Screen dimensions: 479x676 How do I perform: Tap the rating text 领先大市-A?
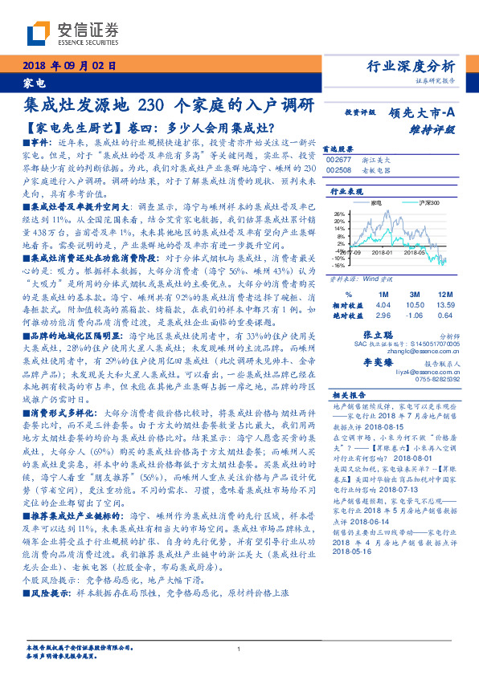coord(425,113)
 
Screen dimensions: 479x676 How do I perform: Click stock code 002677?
coord(339,161)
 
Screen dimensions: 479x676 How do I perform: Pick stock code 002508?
coord(339,170)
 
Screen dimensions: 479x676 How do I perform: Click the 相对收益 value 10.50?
coord(414,306)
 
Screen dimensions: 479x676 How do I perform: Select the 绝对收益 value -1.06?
coord(414,316)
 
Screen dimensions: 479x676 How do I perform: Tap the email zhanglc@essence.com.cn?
coord(419,351)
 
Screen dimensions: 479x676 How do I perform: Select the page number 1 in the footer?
coord(239,650)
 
